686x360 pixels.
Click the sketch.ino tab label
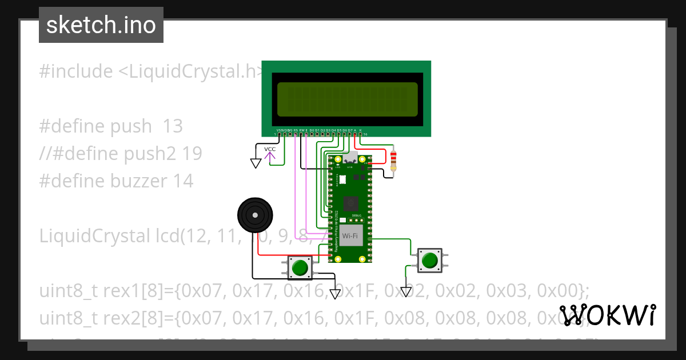pos(101,25)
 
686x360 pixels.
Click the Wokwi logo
pos(608,315)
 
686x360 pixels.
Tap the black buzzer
pos(254,215)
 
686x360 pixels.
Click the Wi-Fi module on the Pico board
pos(350,235)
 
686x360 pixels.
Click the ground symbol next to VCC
pos(256,163)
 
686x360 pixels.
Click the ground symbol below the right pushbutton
pos(406,291)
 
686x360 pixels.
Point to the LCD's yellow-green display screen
pos(347,98)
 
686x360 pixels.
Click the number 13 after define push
pos(173,126)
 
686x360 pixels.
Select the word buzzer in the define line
pos(139,181)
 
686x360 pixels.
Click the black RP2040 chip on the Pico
pos(350,203)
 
